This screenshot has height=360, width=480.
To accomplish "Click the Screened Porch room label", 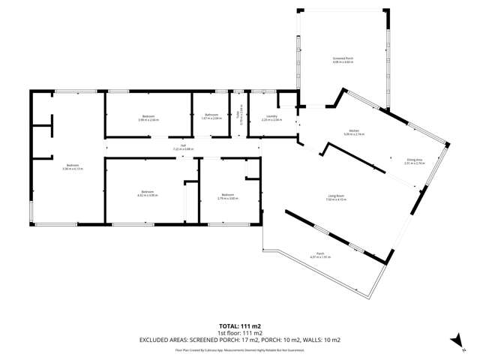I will click(342, 59).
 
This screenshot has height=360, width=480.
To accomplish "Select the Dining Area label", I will click(415, 159).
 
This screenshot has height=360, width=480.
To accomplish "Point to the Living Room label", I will click(334, 196).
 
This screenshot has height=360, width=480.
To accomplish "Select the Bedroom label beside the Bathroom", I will click(148, 116).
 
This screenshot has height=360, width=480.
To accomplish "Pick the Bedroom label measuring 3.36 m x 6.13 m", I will click(72, 166).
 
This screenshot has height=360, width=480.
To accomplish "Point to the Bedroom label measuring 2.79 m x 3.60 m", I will click(227, 196).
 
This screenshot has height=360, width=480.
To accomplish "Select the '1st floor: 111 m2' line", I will click(240, 333).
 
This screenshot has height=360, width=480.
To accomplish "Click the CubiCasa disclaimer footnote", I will click(240, 349).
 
